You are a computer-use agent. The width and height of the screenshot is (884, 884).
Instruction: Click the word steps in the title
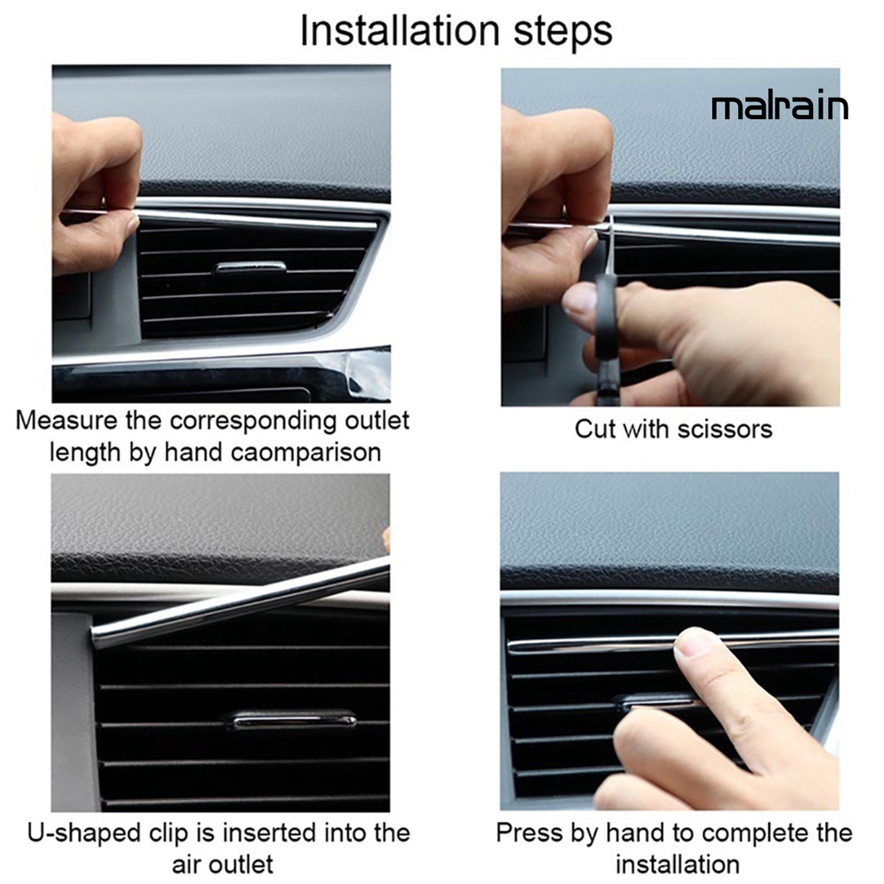[x=563, y=33]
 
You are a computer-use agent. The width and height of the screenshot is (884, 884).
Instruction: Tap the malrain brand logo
[x=780, y=107]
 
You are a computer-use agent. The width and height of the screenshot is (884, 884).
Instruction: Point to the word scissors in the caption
[x=724, y=430]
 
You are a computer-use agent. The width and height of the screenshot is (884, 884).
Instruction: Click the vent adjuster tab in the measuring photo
[x=250, y=266]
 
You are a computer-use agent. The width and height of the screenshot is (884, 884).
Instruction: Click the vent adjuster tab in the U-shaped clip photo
[x=294, y=719]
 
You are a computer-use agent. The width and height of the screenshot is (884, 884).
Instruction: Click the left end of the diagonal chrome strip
[x=95, y=638]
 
